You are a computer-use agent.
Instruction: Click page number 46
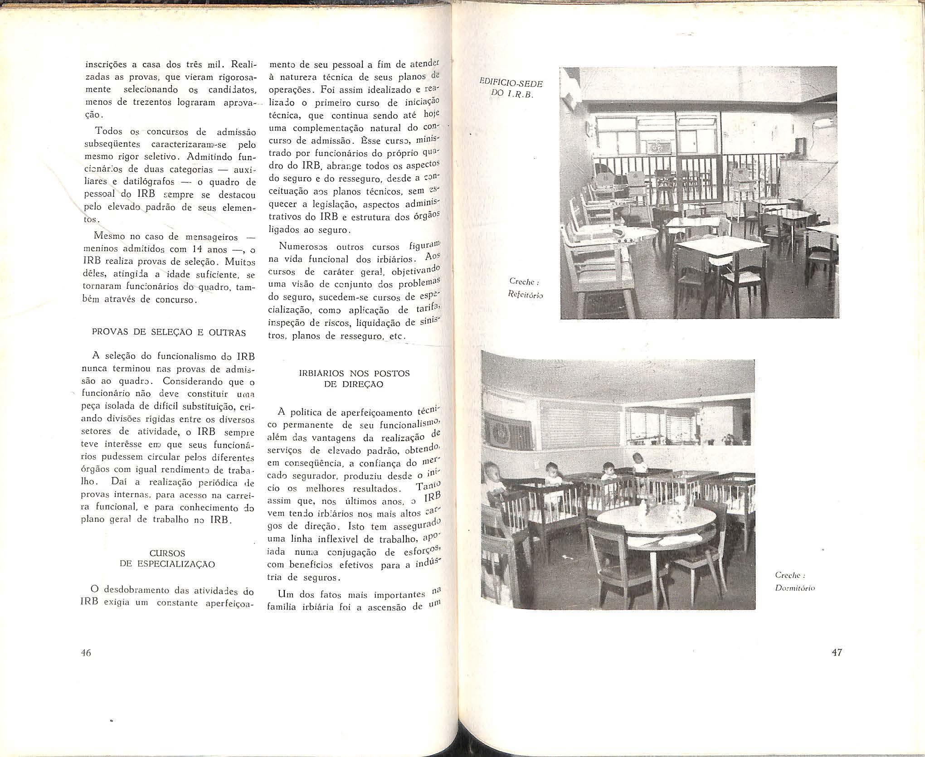click(86, 653)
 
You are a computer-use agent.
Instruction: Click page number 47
click(837, 653)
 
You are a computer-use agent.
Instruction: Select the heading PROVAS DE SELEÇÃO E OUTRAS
click(169, 333)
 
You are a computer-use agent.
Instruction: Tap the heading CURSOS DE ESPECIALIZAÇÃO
click(167, 559)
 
